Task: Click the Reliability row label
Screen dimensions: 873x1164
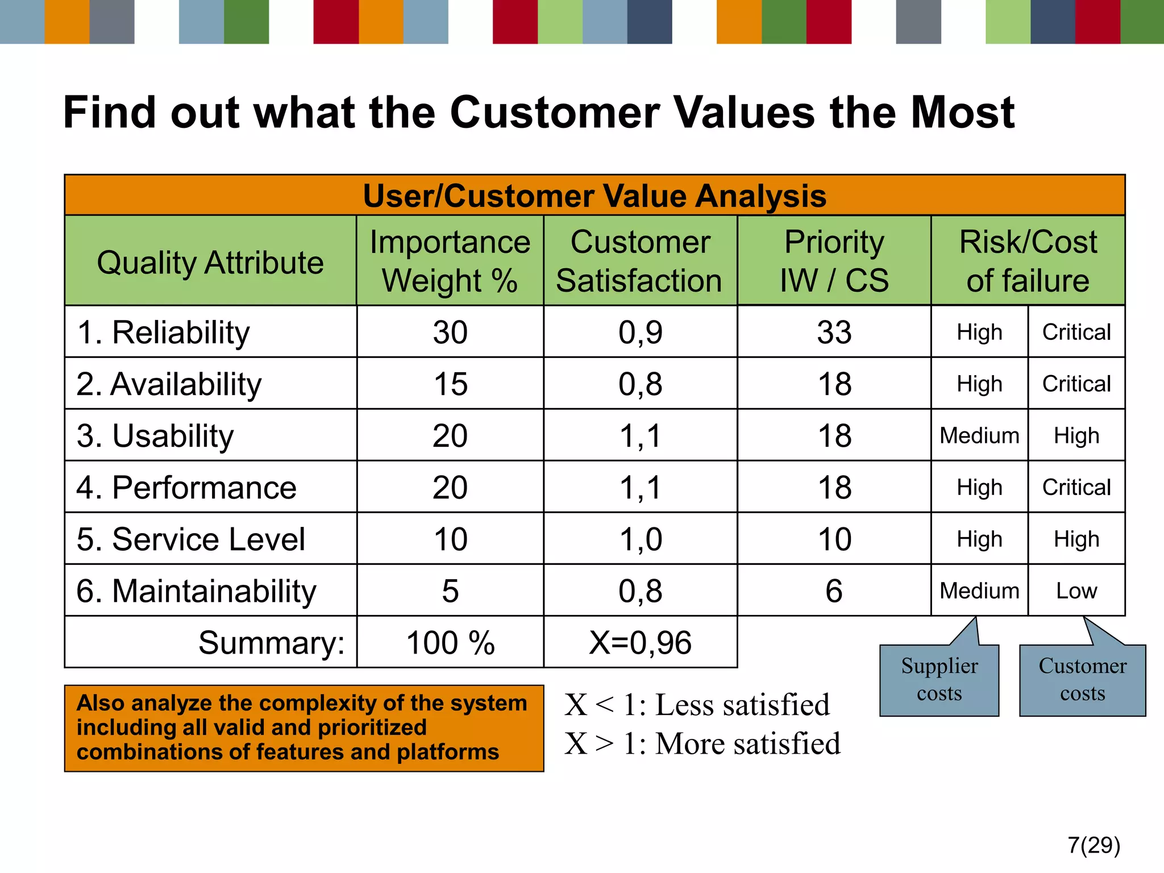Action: click(x=164, y=332)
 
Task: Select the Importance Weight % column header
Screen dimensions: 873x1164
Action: click(x=450, y=261)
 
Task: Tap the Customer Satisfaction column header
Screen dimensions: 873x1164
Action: click(x=640, y=261)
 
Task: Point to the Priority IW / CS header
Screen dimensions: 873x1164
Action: click(x=834, y=261)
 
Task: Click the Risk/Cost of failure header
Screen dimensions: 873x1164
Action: click(x=1028, y=261)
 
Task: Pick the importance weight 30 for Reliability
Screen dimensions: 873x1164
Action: click(x=450, y=332)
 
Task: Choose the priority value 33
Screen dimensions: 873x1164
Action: click(x=834, y=332)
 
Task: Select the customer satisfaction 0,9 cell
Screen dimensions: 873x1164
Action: click(x=640, y=332)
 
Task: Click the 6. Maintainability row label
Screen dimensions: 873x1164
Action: click(x=196, y=591)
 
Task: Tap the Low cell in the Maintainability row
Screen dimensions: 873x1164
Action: click(x=1076, y=591)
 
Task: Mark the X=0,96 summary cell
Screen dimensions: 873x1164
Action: click(x=640, y=643)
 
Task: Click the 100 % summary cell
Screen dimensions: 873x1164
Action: click(x=450, y=643)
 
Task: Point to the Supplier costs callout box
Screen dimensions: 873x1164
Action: click(x=939, y=680)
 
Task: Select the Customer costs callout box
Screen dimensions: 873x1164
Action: click(x=1082, y=680)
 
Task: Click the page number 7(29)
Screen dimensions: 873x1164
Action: click(x=1094, y=845)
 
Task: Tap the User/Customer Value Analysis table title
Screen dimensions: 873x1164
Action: click(x=595, y=196)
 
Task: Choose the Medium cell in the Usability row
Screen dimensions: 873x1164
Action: click(x=979, y=436)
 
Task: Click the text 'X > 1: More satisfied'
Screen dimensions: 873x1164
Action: click(x=702, y=743)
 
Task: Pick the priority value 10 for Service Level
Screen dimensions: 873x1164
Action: click(x=834, y=539)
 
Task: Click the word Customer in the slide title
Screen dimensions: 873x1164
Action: click(x=555, y=113)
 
